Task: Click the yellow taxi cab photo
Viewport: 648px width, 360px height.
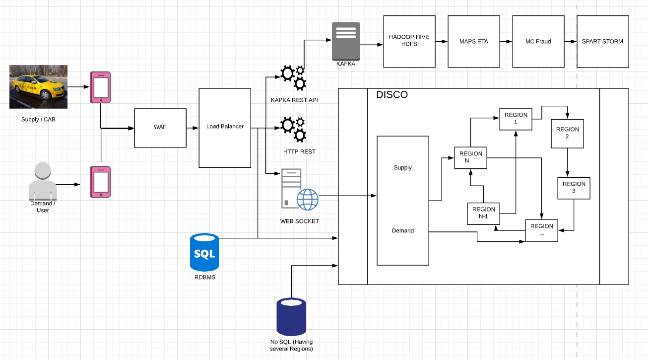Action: point(39,87)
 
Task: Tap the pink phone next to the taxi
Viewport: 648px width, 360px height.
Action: point(100,87)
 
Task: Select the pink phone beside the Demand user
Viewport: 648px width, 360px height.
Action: point(100,182)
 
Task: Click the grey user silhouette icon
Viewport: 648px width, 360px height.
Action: point(43,181)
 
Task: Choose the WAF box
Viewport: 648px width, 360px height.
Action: point(160,128)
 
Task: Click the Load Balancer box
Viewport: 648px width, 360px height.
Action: point(225,128)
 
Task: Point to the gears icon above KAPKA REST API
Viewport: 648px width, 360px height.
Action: point(293,78)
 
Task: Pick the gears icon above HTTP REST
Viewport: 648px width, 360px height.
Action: point(293,130)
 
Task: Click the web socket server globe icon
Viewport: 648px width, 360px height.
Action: point(300,189)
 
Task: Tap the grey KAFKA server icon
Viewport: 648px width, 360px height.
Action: point(346,41)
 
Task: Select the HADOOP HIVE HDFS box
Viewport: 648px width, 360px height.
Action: point(409,41)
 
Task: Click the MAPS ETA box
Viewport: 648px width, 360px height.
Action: point(474,41)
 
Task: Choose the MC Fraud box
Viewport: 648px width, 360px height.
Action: point(538,41)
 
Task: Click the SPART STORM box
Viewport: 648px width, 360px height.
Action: point(603,41)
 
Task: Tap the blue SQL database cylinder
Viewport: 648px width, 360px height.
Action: point(204,252)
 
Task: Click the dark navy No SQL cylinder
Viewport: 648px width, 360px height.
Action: point(291,317)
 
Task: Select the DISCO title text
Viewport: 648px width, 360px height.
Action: point(392,95)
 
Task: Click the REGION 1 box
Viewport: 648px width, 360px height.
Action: point(516,119)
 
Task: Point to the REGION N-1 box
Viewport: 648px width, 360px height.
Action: point(483,214)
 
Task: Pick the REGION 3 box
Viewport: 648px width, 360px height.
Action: point(574,188)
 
